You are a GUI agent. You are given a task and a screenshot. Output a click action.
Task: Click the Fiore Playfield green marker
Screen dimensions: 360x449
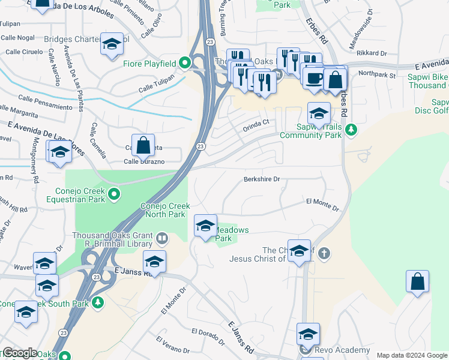[x=185, y=63]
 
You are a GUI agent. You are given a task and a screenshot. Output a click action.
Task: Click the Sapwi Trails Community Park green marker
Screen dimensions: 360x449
[x=352, y=129]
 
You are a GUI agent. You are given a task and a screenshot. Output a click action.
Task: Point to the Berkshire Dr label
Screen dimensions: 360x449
[x=262, y=179]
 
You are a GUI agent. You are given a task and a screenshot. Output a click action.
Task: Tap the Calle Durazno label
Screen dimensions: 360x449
[x=144, y=161]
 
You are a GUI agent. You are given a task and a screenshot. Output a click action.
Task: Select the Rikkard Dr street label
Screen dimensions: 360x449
[x=372, y=53]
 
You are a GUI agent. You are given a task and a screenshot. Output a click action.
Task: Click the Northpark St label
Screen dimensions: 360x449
[x=377, y=76]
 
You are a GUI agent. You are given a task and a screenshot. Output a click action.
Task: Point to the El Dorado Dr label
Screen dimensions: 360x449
[x=207, y=337]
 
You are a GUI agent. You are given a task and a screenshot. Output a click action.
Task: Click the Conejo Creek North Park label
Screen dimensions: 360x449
[x=165, y=210]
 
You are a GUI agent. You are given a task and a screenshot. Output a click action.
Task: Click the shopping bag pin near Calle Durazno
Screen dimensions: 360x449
[x=143, y=145]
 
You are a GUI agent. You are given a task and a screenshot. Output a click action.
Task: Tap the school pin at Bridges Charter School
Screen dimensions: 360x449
[x=112, y=44]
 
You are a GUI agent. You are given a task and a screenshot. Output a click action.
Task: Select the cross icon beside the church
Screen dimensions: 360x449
[x=324, y=253]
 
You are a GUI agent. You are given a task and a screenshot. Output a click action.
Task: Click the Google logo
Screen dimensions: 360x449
[x=19, y=353]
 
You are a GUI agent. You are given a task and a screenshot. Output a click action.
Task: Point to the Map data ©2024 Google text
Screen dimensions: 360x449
[x=412, y=355]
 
